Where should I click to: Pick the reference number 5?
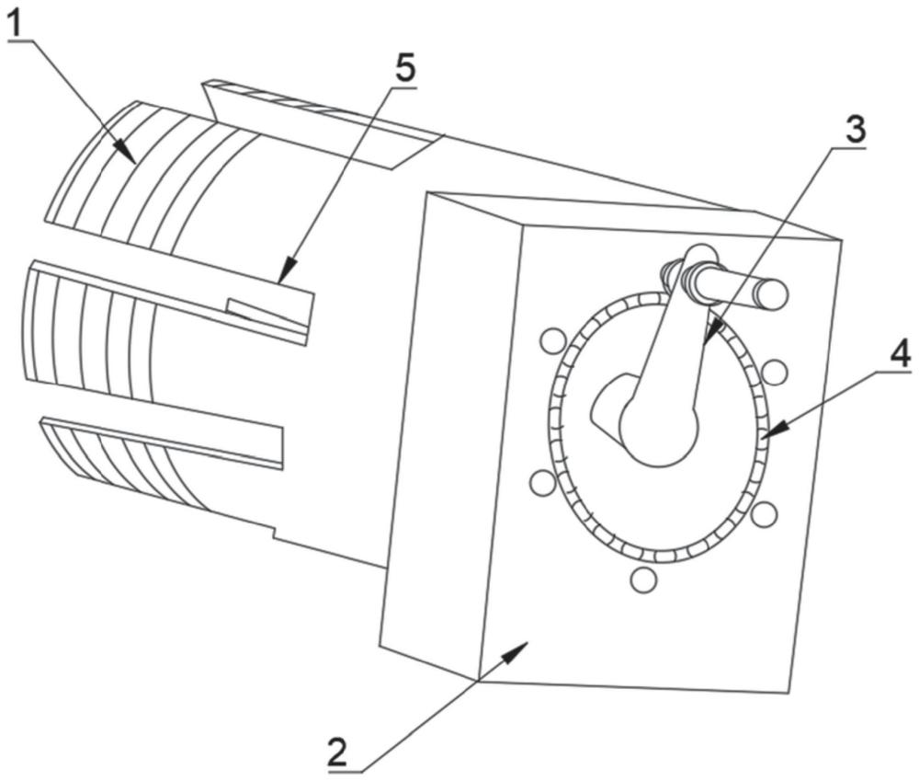405,69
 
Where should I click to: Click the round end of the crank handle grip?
770,294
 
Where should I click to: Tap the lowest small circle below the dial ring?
642,580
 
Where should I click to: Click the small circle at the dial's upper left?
551,341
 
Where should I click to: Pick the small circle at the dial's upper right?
775,372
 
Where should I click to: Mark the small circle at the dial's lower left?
542,482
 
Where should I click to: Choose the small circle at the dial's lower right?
764,514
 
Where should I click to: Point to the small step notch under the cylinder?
274,534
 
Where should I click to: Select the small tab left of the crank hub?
607,407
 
